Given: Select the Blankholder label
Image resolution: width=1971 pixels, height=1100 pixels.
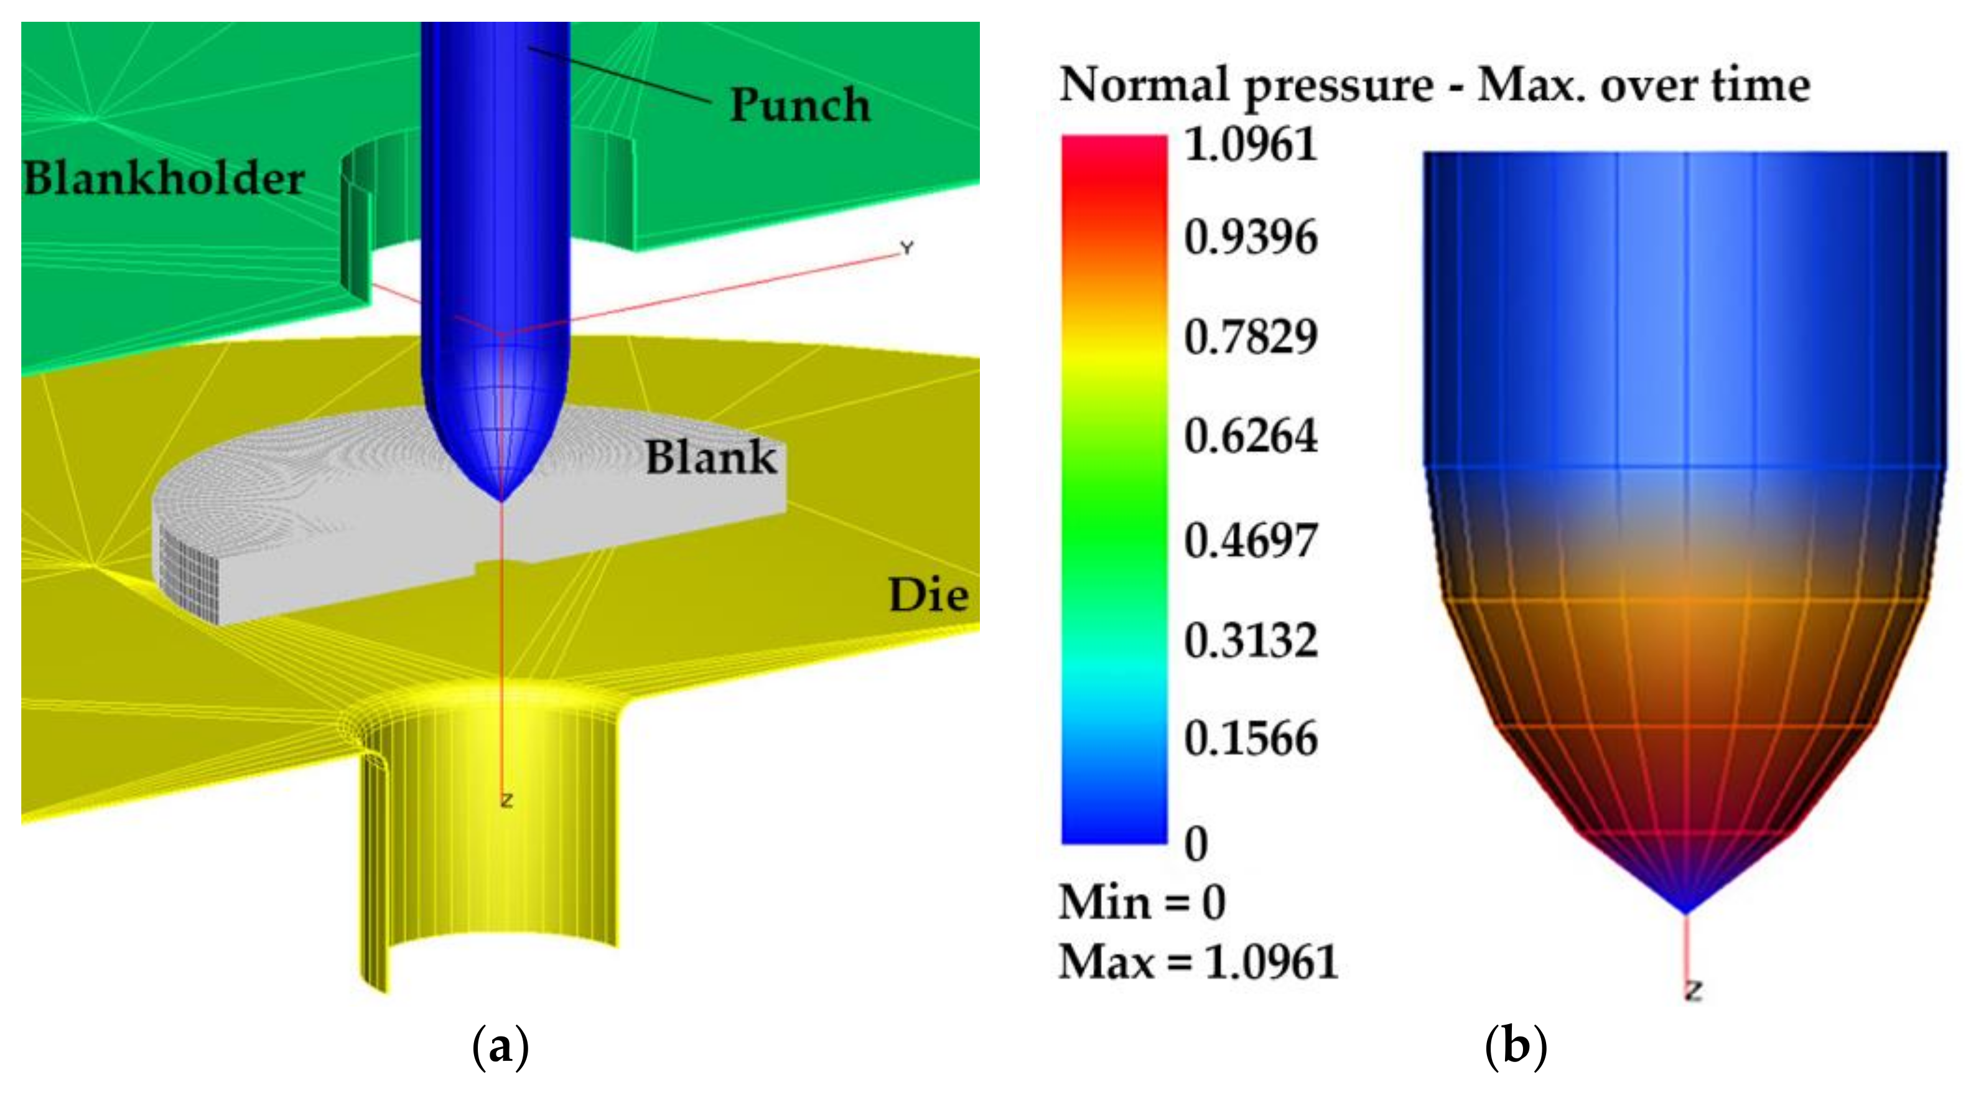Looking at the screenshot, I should [164, 179].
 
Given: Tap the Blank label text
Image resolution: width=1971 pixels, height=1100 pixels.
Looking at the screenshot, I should [711, 457].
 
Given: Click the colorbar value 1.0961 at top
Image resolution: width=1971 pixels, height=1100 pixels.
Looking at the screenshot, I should [1251, 144].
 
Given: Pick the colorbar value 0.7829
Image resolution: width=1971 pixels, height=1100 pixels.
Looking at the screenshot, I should [1251, 337].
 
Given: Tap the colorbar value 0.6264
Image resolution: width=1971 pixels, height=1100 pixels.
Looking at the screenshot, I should [1251, 436].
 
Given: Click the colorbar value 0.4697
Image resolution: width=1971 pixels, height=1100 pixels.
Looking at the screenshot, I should [1251, 540].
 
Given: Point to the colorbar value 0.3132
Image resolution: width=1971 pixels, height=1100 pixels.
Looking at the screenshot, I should [1251, 640].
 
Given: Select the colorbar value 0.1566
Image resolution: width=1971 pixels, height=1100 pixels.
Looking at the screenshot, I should [1251, 738].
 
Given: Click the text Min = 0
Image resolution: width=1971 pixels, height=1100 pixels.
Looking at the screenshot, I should [1142, 903].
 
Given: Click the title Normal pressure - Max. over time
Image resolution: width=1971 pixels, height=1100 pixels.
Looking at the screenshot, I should [1435, 84].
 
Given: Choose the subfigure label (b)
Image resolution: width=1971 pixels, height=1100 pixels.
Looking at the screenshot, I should [1516, 1046].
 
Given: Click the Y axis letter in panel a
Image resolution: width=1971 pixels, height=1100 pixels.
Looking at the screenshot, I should [906, 248].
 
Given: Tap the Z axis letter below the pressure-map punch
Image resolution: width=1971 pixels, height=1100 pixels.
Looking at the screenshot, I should [1694, 990].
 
